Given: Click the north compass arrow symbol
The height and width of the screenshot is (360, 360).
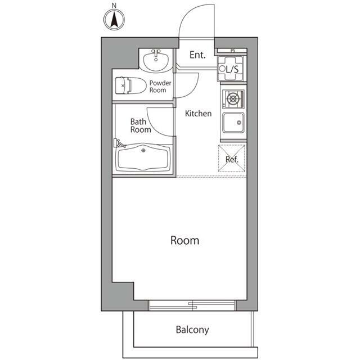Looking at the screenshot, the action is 114,20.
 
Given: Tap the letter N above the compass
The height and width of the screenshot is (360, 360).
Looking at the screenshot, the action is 114,6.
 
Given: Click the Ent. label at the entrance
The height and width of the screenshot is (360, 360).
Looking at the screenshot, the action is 197,55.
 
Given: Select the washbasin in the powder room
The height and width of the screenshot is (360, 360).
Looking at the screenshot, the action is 156,60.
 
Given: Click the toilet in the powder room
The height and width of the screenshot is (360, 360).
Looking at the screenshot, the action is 130,85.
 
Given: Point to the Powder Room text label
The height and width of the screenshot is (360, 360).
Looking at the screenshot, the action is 160,87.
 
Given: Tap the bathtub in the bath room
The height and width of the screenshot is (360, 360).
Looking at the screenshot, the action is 143,157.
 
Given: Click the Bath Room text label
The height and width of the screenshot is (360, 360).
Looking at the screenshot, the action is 141,125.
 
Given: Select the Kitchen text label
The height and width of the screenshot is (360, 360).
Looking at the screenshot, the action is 199,114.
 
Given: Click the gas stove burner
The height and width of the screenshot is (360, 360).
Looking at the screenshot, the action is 233,99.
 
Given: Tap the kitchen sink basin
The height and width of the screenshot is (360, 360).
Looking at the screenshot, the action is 233,123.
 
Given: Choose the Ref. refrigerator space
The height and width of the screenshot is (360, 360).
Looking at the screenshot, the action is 232,159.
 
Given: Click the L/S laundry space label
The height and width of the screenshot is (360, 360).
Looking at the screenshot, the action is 232,69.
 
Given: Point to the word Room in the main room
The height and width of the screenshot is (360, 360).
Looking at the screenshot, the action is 185,241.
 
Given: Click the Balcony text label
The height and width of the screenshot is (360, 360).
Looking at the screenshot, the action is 192,330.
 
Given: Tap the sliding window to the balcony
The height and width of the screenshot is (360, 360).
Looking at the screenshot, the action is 192,305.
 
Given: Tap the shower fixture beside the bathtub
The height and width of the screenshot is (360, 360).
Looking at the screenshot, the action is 119,143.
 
